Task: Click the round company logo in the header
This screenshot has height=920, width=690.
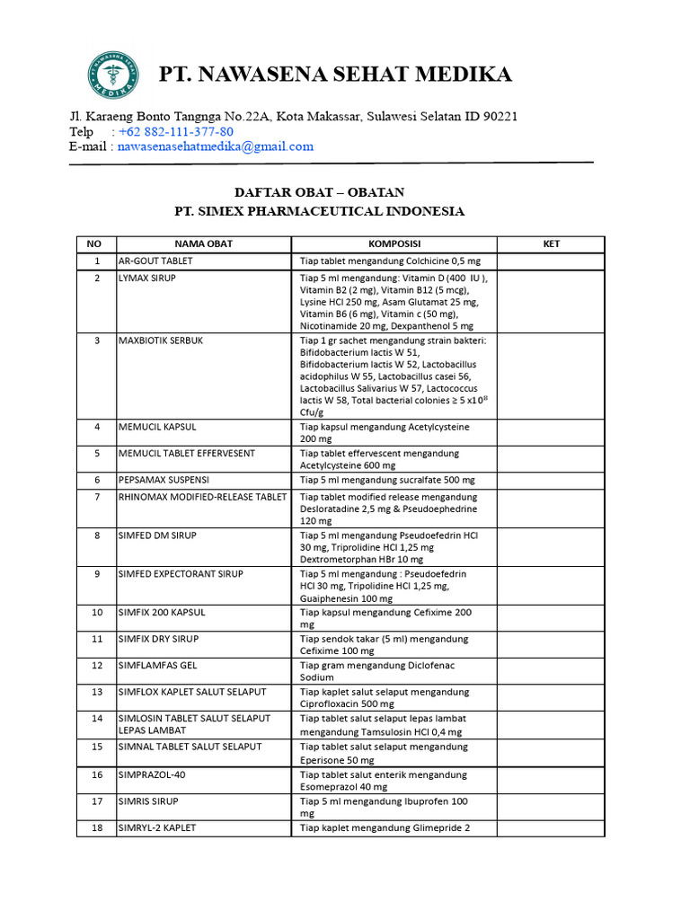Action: tap(113, 75)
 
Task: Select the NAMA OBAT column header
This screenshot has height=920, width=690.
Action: tap(203, 244)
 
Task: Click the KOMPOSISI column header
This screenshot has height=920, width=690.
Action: tap(394, 244)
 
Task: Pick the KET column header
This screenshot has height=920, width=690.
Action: tap(552, 244)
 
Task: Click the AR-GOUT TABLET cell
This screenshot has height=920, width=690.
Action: tap(155, 261)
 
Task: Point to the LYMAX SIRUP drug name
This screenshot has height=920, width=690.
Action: tap(147, 279)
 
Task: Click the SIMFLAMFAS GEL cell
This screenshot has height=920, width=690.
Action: tap(157, 666)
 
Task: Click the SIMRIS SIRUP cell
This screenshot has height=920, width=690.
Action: tap(148, 801)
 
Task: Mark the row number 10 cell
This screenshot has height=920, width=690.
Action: tap(96, 613)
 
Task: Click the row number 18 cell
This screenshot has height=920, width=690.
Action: tap(96, 827)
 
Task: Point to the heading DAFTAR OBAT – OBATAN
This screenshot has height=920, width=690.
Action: tap(319, 192)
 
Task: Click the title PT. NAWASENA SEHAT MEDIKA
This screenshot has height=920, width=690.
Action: tap(335, 75)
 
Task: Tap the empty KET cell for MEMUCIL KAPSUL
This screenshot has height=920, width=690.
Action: tap(552, 433)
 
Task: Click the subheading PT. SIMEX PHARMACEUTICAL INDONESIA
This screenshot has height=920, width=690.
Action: tap(319, 212)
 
